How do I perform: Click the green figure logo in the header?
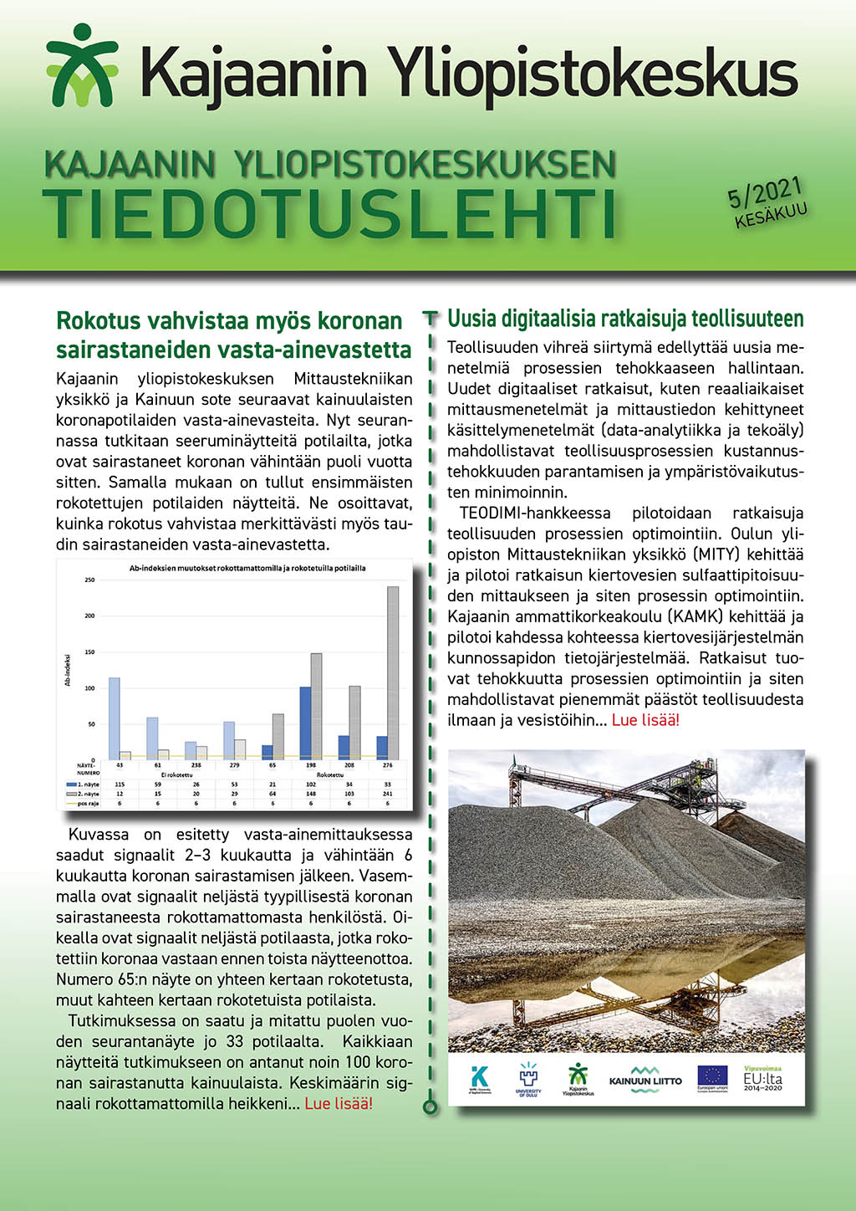tap(81, 65)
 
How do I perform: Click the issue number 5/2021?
tap(764, 193)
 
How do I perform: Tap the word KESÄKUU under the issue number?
tap(771, 215)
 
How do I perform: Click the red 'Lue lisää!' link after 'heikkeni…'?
tap(339, 1103)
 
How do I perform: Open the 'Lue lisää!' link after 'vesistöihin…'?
tap(645, 720)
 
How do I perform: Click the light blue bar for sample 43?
tap(115, 718)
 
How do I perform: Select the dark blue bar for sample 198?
tap(305, 723)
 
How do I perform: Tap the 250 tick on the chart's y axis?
tap(89, 580)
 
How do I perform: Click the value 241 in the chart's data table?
tap(388, 794)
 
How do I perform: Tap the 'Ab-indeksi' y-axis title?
tap(68, 670)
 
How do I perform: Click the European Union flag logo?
tap(712, 1078)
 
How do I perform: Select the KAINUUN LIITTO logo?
tap(645, 1078)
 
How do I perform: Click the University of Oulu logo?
tap(528, 1078)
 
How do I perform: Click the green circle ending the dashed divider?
tap(431, 1107)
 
